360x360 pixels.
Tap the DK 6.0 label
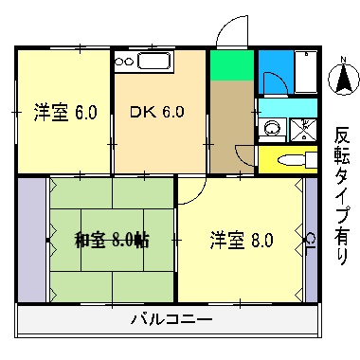coord(157,111)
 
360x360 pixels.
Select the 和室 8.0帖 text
coord(111,239)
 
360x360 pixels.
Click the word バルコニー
coord(171,318)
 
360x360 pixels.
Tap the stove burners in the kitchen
coord(124,63)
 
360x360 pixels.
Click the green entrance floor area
coord(231,66)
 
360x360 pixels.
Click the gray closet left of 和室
coord(31,239)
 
